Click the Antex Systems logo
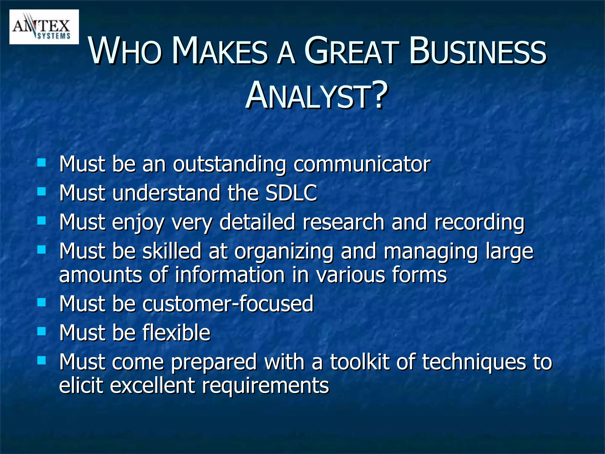(x=44, y=27)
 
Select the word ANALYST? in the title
(x=316, y=95)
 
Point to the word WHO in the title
(x=125, y=51)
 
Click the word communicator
(x=362, y=164)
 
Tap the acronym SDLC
(x=291, y=193)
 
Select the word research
(x=343, y=222)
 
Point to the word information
(x=230, y=275)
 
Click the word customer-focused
(x=228, y=304)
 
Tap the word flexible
(x=176, y=333)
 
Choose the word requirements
(x=265, y=386)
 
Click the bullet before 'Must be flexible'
(x=42, y=331)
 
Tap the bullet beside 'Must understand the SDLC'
(x=42, y=191)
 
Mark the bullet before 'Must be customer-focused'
(x=42, y=302)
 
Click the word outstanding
(x=229, y=165)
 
